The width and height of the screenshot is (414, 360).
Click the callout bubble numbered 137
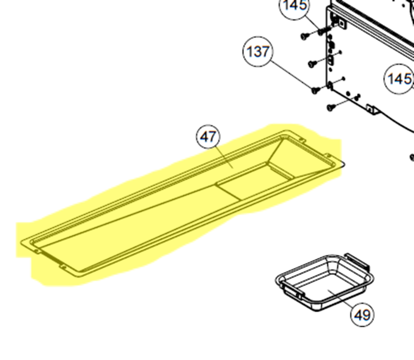point(258,51)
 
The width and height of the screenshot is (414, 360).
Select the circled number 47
point(208,137)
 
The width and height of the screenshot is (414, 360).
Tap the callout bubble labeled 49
point(362,314)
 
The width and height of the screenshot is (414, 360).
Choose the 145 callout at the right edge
point(399,79)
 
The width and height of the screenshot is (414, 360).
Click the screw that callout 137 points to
point(315,90)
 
